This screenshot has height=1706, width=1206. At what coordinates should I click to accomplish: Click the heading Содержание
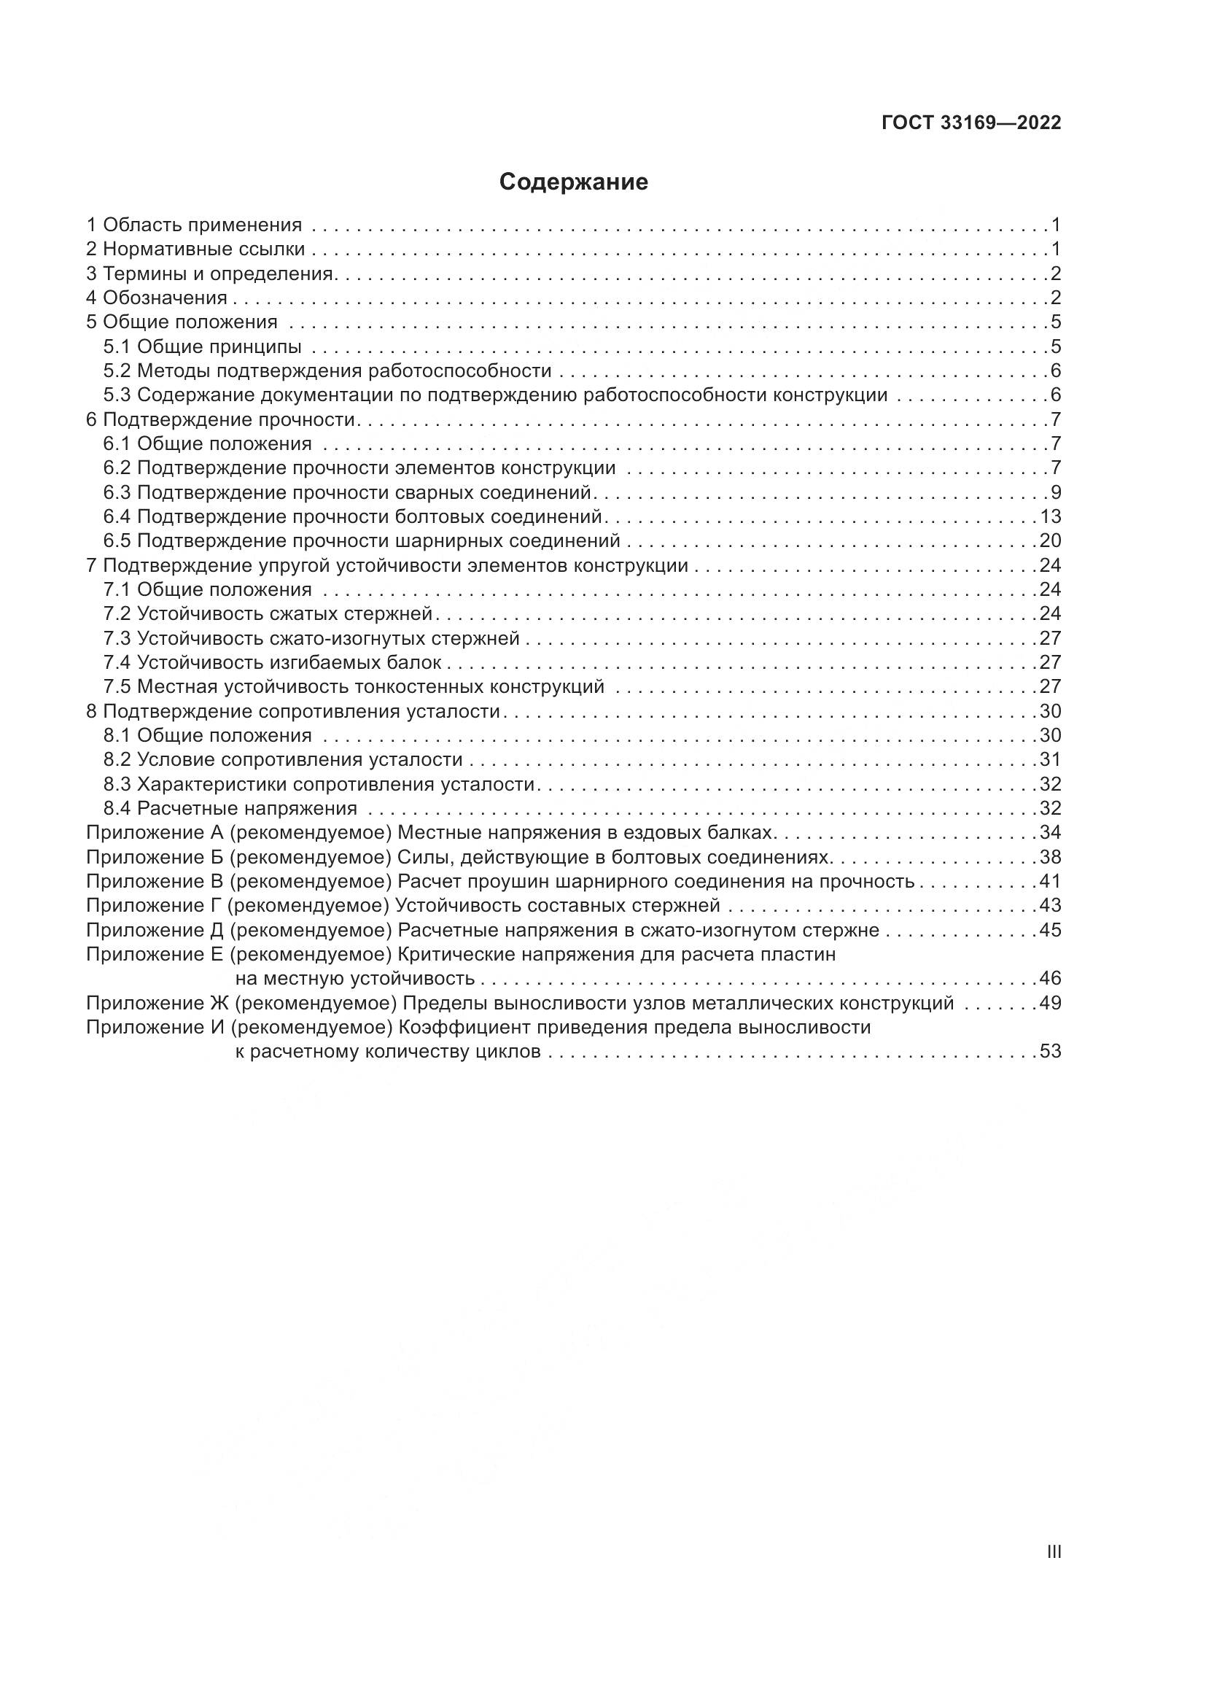[573, 182]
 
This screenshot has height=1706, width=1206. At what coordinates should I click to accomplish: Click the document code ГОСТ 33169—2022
[971, 123]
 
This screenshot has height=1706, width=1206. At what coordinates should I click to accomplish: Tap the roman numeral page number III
[1054, 1552]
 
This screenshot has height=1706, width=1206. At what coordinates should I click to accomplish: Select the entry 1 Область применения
[195, 225]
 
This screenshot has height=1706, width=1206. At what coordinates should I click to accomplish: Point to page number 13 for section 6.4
[1050, 516]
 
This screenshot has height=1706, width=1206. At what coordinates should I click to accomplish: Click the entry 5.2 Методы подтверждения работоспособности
[327, 371]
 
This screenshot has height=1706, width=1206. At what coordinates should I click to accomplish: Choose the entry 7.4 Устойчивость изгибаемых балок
[273, 662]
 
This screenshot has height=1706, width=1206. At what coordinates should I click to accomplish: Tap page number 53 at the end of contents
[1050, 1052]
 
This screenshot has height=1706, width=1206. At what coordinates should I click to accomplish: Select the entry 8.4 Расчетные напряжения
[230, 807]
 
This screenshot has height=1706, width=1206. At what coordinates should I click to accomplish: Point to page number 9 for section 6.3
[1055, 492]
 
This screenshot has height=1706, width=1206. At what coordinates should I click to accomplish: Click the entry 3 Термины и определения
[210, 274]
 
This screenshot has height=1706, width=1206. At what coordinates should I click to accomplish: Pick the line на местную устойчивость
[355, 978]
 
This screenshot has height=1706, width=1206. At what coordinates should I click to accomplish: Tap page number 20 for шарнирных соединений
[1050, 541]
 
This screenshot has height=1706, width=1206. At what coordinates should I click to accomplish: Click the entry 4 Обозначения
[157, 298]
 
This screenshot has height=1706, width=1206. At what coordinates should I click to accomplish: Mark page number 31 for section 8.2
[1050, 759]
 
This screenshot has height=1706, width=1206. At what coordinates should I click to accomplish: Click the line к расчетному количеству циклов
[388, 1052]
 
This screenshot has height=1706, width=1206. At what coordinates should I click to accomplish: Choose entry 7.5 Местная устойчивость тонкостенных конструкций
[354, 686]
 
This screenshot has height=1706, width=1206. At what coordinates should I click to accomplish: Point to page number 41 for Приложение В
[1050, 881]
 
